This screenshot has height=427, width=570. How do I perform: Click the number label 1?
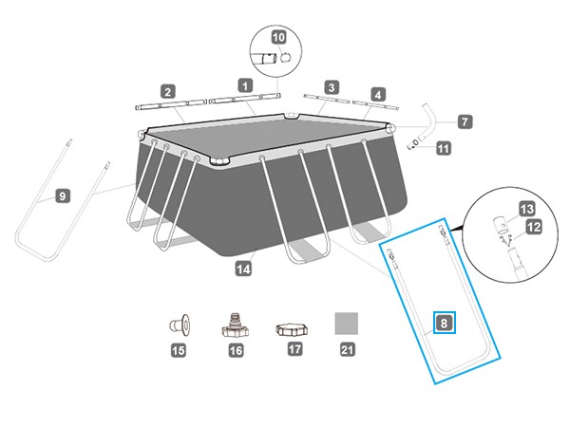(x=245, y=86)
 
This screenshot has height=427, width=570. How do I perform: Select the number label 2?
(x=167, y=92)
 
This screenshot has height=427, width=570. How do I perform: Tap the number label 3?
(x=332, y=87)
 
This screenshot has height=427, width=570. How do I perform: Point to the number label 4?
(x=378, y=95)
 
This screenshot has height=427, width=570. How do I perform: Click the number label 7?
(x=465, y=121)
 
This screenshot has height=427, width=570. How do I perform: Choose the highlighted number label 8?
(x=444, y=323)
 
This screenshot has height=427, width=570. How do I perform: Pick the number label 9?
(x=63, y=196)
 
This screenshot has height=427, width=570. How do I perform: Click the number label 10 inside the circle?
(x=278, y=37)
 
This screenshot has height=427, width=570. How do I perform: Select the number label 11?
(x=443, y=148)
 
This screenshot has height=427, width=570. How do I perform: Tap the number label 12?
(x=533, y=228)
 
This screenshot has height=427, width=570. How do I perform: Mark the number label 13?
(x=526, y=209)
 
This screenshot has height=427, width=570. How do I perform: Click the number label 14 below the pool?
(x=243, y=269)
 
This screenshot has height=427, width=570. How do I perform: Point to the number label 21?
(x=347, y=349)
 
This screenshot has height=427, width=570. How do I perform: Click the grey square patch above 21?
(x=346, y=324)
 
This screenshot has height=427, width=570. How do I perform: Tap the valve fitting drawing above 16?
(x=236, y=325)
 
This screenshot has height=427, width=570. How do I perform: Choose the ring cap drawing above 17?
(x=292, y=329)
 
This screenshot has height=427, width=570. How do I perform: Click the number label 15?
(x=179, y=350)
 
